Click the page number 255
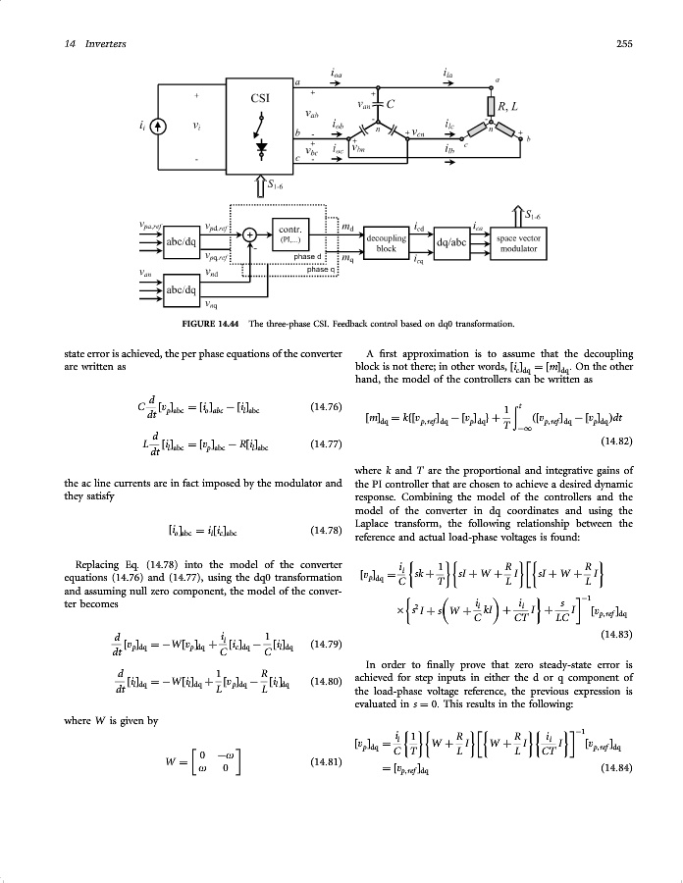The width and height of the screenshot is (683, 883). click(622, 43)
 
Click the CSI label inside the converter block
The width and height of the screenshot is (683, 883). click(261, 98)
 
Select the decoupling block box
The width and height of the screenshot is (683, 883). click(386, 243)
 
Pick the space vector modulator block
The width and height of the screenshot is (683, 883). click(520, 243)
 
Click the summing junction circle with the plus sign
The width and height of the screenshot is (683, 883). click(251, 235)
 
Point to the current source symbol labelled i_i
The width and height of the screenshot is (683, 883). click(159, 128)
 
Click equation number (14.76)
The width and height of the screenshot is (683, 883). click(324, 404)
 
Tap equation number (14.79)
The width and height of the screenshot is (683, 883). click(324, 645)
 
